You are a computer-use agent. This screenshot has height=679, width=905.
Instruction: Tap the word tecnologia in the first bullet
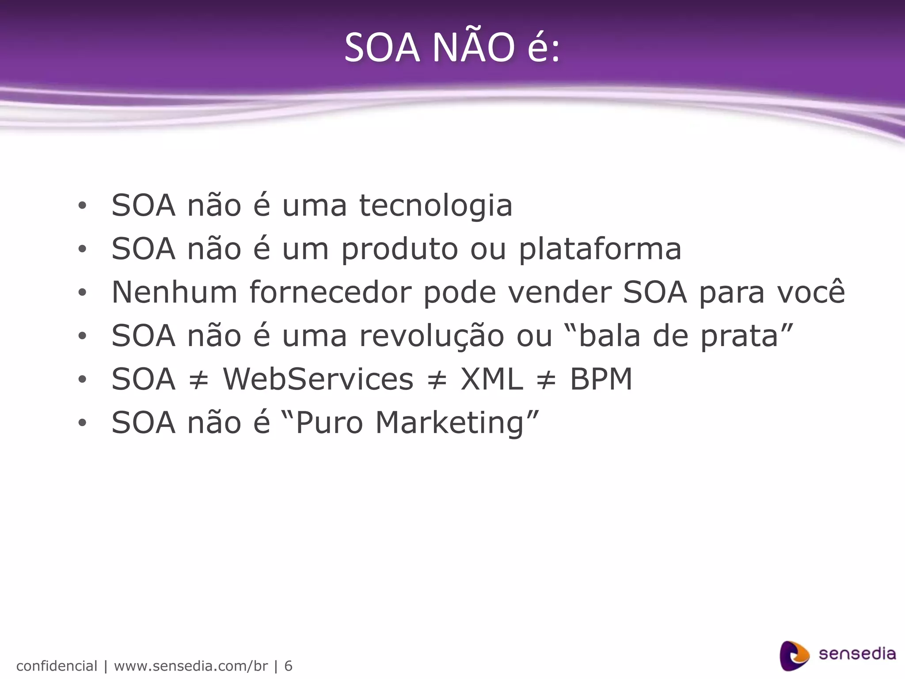coord(436,206)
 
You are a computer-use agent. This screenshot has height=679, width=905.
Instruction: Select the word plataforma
coord(600,249)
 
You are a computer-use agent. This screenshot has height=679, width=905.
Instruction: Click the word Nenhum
coord(175,292)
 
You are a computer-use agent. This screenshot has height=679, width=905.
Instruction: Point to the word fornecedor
coord(330,292)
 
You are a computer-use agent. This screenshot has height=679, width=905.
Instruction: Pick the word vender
coord(559,292)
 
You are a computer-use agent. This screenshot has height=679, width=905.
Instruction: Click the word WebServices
coord(318,379)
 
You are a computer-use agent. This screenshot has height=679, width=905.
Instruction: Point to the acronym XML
coord(492,379)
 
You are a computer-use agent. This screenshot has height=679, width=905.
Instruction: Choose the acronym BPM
coord(601,379)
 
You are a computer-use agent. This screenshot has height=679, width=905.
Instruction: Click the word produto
coord(399,249)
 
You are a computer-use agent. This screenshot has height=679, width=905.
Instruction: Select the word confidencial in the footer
coord(57,666)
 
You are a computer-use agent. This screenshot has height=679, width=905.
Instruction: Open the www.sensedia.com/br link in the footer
coord(191,666)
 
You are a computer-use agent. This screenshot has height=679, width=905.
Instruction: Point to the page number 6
coord(288,666)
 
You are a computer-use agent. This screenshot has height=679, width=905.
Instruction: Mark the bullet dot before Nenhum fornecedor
coord(82,293)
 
